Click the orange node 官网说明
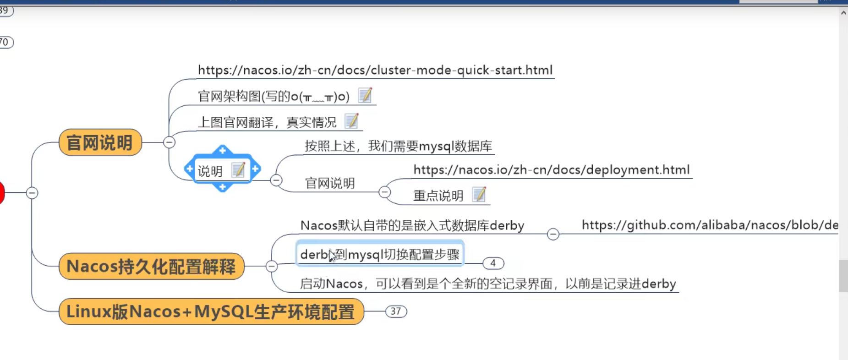point(100,142)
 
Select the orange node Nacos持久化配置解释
point(151,266)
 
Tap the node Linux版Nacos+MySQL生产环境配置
point(211,311)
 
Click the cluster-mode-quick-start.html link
point(375,70)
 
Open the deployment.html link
point(551,170)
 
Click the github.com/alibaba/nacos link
point(709,225)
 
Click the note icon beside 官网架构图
point(365,95)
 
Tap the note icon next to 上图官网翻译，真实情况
point(351,121)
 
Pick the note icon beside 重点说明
point(479,195)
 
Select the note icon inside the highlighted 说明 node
point(238,170)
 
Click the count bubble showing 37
point(396,311)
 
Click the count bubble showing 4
point(493,263)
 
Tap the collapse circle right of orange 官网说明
point(169,142)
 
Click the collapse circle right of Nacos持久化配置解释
point(272,266)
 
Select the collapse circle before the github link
point(553,234)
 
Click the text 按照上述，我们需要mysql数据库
point(398,146)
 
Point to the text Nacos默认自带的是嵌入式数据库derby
point(412,225)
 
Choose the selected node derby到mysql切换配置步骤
point(380,254)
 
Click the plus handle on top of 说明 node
point(223,150)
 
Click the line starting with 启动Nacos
point(488,284)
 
